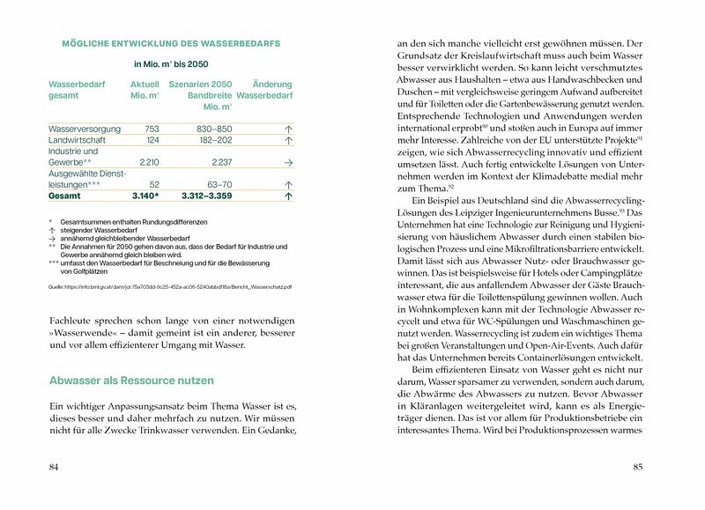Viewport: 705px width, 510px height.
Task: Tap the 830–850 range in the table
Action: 214,128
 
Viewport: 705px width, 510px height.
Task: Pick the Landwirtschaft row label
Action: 79,139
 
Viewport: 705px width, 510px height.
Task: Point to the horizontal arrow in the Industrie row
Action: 288,163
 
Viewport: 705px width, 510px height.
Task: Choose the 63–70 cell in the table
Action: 219,185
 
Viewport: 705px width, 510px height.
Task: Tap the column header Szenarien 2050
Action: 200,84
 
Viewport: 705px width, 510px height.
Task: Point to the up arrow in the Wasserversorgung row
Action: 288,129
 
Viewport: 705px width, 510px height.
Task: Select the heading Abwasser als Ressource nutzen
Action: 131,381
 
